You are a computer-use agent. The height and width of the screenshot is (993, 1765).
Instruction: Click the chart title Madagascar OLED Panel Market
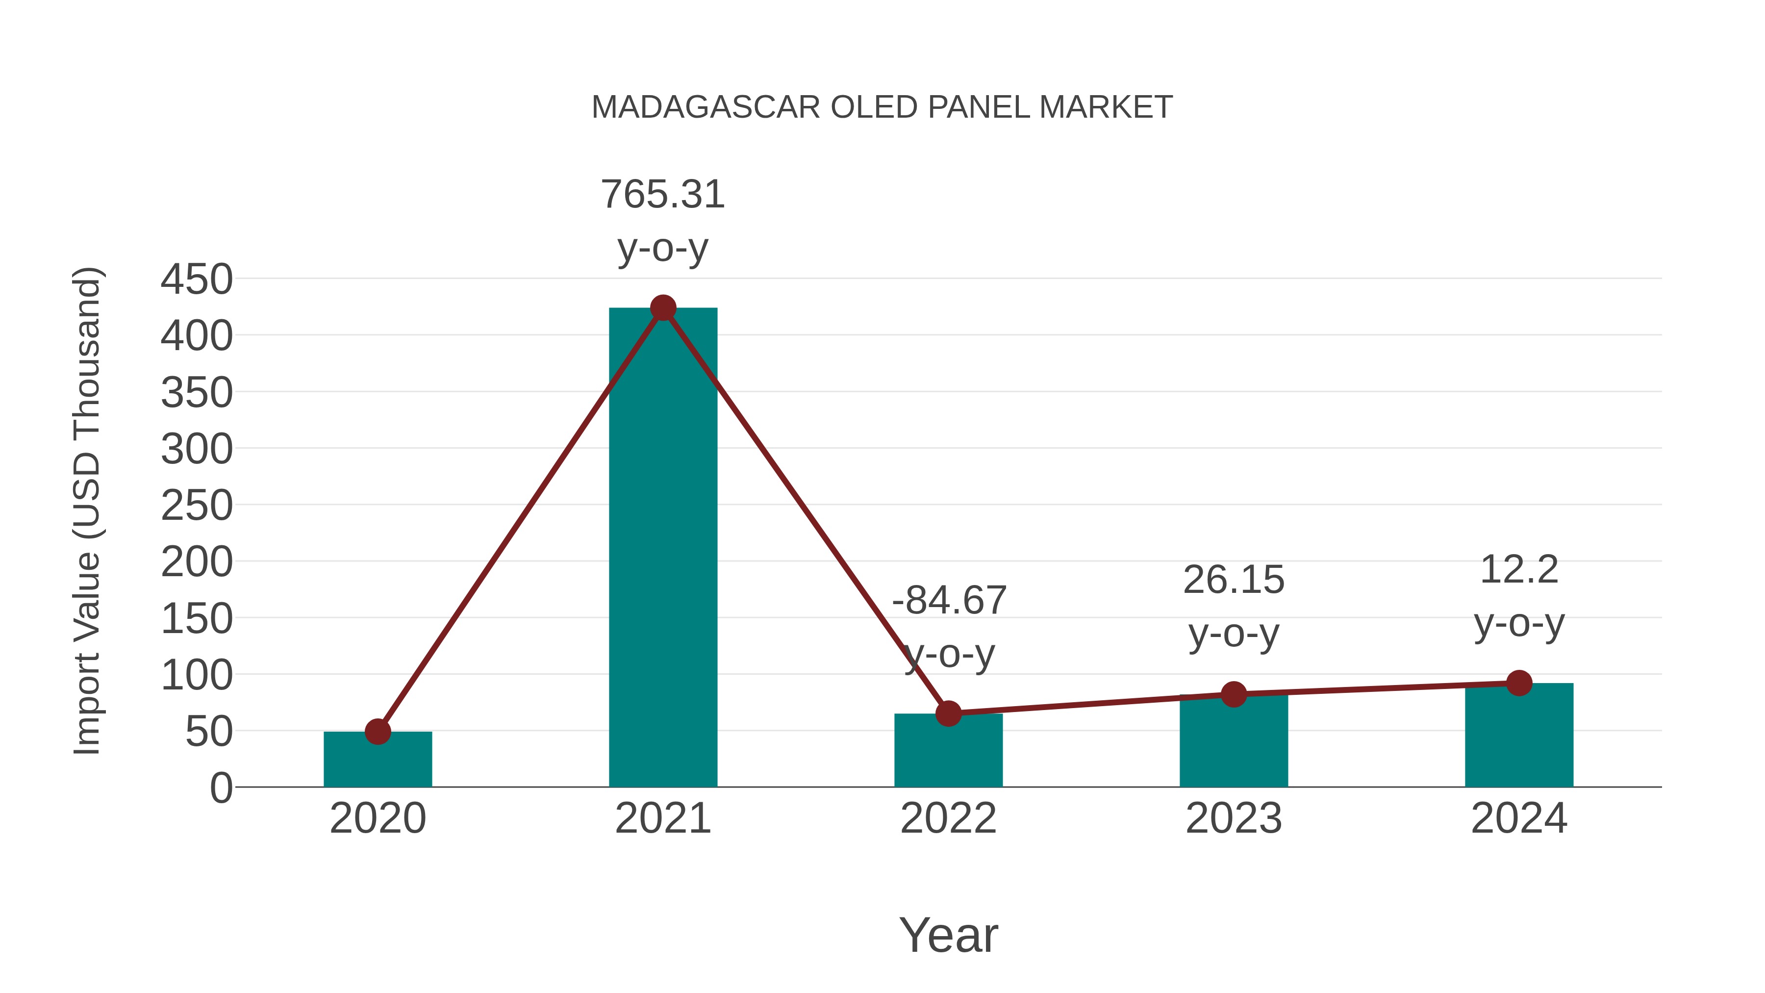(882, 107)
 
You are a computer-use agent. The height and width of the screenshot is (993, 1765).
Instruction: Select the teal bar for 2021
(662, 548)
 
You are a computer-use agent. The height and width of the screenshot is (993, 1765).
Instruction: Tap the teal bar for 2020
(378, 760)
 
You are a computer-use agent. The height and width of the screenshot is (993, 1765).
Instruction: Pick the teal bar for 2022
(948, 752)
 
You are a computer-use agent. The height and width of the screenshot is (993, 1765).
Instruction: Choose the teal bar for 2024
(1519, 736)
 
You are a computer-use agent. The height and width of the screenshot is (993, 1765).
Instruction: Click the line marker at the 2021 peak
(662, 308)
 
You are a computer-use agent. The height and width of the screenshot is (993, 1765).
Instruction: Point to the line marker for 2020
(378, 732)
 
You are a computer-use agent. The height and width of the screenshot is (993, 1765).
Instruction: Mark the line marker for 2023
(1234, 695)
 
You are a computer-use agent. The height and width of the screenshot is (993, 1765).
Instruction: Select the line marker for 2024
(1519, 683)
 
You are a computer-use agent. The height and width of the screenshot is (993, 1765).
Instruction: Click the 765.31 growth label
(662, 195)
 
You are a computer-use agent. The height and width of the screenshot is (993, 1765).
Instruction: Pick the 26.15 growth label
(1234, 581)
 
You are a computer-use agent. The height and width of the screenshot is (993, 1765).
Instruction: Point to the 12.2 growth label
(1519, 570)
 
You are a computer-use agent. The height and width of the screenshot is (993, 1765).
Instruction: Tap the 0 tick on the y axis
(221, 788)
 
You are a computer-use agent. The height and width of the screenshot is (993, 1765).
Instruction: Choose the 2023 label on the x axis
(1234, 819)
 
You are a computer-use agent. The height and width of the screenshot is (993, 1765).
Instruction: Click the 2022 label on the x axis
(948, 819)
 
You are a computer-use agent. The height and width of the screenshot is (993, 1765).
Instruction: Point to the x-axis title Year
(948, 936)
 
